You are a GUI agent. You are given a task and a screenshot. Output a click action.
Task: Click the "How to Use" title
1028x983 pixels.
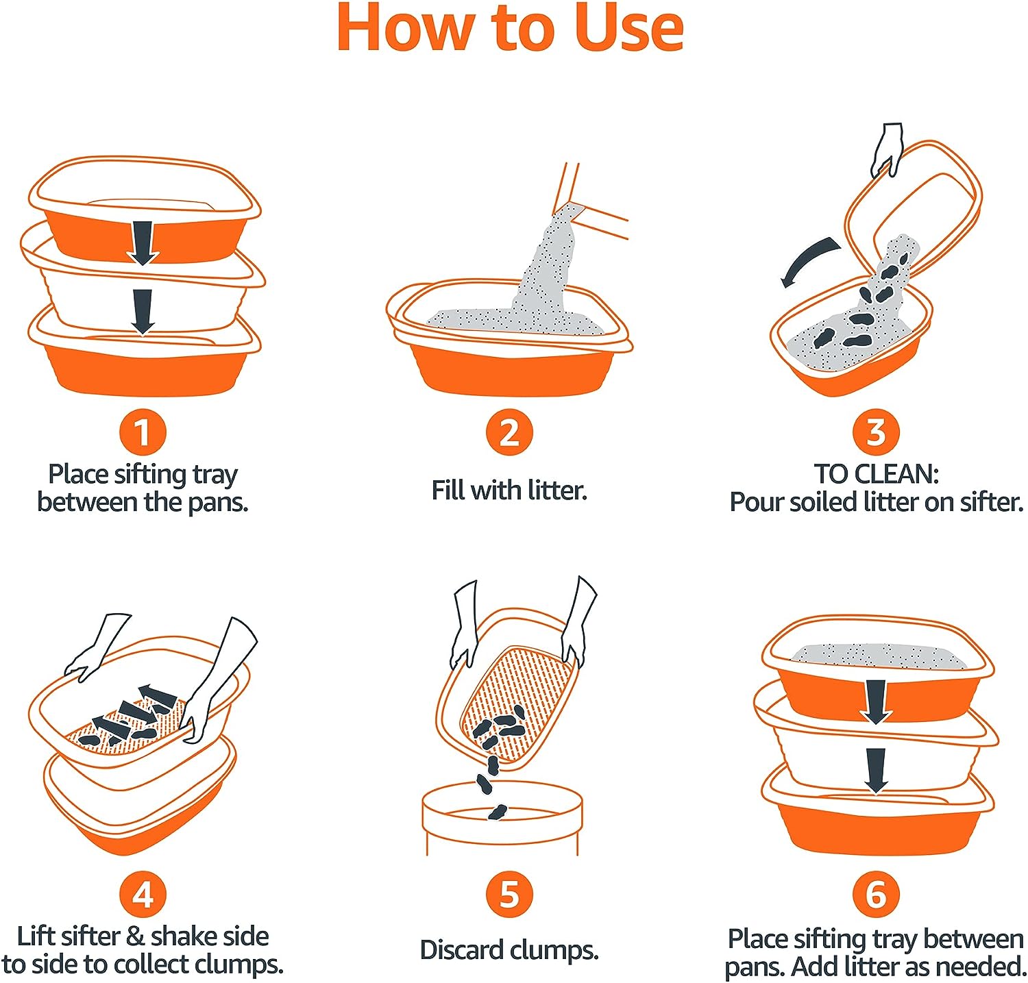(510, 29)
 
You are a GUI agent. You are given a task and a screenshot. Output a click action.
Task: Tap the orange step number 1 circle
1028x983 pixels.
(142, 432)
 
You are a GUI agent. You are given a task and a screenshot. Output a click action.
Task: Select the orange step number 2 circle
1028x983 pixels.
(509, 432)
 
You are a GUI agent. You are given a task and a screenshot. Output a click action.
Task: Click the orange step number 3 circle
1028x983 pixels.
(875, 432)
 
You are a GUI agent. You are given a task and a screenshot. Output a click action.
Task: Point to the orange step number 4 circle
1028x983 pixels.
(142, 895)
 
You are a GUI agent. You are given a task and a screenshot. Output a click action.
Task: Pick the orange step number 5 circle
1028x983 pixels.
(509, 895)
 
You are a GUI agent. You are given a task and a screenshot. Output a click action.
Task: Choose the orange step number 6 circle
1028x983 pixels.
(875, 895)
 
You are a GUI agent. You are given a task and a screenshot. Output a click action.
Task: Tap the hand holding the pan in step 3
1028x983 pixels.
(888, 147)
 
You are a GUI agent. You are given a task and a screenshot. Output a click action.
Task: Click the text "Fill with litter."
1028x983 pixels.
(509, 490)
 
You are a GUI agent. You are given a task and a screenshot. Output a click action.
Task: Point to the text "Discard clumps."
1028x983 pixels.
(509, 950)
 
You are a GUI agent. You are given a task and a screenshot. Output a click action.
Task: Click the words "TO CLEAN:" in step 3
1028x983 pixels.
(875, 474)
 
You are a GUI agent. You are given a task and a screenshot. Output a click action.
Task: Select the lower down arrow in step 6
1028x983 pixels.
(875, 769)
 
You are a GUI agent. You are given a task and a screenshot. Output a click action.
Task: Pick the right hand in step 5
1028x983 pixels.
(579, 620)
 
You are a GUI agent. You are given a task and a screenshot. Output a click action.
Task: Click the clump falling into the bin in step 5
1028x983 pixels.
(497, 812)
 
